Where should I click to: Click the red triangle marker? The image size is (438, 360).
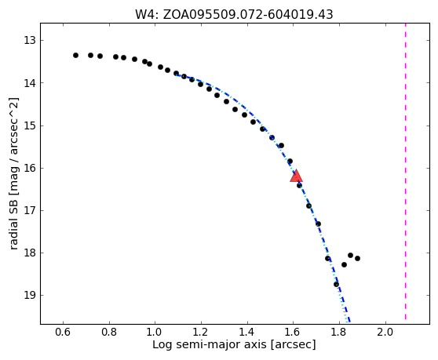pos(296,176)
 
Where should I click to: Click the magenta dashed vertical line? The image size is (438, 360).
pos(405,172)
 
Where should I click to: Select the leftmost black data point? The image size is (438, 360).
pos(75,55)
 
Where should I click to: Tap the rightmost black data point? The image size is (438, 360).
pos(357,258)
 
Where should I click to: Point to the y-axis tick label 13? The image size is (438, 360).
pos(30,41)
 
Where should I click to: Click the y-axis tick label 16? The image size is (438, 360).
pos(30,169)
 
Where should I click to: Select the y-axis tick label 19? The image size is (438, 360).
pos(30,295)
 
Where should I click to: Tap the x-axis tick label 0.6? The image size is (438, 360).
pos(63,333)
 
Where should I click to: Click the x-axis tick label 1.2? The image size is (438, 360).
pos(201,333)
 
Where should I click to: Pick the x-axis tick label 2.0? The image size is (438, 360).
pos(385,333)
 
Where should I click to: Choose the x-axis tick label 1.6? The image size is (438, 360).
pos(293,333)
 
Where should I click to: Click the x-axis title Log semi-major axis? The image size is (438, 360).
pos(210,345)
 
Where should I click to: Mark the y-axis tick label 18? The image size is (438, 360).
pos(30,253)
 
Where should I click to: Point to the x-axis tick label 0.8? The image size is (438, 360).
pos(109,333)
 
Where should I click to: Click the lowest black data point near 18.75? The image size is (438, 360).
pos(336,285)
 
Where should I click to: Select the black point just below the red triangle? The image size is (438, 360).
pos(299,185)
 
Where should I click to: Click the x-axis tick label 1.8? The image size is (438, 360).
pos(339,333)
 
